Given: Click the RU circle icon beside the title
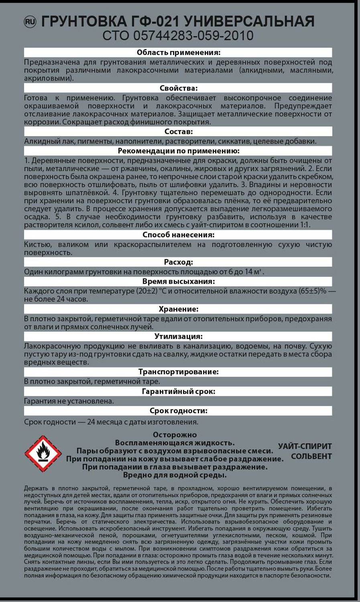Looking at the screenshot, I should (x=30, y=22).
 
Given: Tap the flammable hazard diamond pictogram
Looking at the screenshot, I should (x=43, y=453).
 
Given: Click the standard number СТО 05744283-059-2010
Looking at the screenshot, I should (x=178, y=36).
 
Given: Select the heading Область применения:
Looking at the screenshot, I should (x=178, y=53).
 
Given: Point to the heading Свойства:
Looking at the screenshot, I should (x=178, y=88).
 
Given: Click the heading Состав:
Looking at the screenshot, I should (x=178, y=132).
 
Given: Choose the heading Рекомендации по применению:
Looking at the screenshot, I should (x=178, y=151).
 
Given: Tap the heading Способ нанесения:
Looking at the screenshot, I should (x=178, y=235).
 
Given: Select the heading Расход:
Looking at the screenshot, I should (x=178, y=262).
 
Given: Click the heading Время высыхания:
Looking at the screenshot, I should (x=178, y=282).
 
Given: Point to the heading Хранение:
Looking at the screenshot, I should (x=178, y=309).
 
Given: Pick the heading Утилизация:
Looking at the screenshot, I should (x=178, y=337).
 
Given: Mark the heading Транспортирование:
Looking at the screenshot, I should (x=178, y=372).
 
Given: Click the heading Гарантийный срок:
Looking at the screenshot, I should (x=178, y=392).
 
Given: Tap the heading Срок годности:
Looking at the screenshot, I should (x=178, y=411).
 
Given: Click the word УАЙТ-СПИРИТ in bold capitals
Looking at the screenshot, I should (x=305, y=446).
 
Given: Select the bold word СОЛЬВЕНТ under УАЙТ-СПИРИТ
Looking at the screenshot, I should (x=311, y=456).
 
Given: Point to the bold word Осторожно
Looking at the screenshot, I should (x=175, y=435).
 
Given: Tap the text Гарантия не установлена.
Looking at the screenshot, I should (x=69, y=401).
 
